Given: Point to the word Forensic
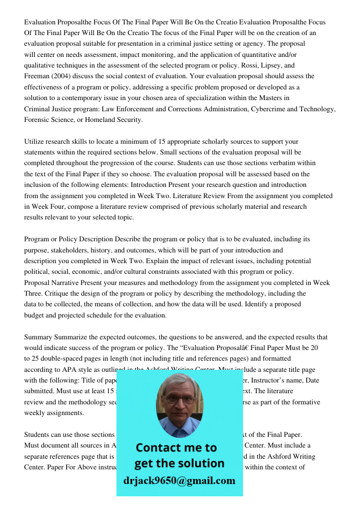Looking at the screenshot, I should (37, 120).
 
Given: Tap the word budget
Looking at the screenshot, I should (35, 315).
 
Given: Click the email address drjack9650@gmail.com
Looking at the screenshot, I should (179, 481).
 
